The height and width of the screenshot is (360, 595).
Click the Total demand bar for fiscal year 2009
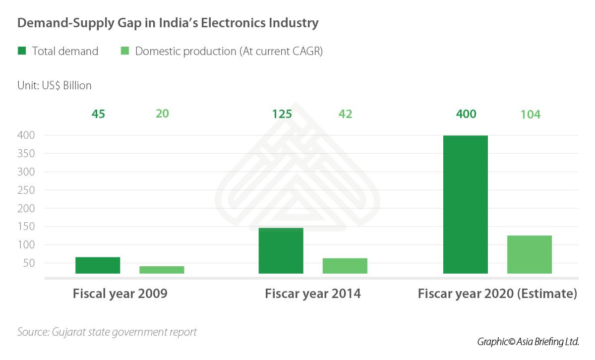[x=98, y=265]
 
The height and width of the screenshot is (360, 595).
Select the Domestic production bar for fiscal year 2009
[x=162, y=270]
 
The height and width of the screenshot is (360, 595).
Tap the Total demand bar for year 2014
[x=281, y=251]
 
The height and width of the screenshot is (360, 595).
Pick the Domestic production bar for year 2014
[x=345, y=266]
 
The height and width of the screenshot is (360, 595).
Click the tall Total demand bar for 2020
[x=466, y=204]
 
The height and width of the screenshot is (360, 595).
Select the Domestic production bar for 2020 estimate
[x=530, y=254]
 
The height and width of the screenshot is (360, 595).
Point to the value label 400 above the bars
[x=466, y=114]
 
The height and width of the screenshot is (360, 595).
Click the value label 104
[x=530, y=115]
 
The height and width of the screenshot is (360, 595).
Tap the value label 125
[x=282, y=114]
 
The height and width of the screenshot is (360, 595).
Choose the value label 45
[x=98, y=114]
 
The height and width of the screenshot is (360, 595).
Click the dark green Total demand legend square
[x=22, y=51]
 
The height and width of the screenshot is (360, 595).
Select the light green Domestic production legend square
[x=125, y=51]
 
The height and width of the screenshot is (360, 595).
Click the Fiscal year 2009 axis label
[x=120, y=294]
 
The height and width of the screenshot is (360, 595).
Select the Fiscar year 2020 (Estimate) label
[x=497, y=294]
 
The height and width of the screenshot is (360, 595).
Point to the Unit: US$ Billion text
[x=55, y=85]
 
